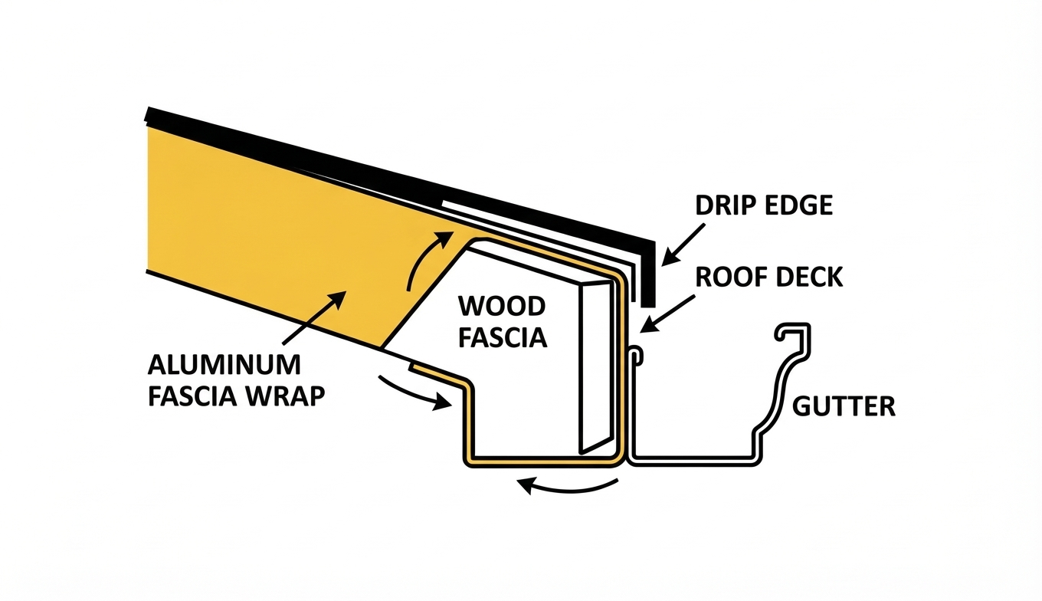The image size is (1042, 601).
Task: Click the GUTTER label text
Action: pyautogui.click(x=843, y=406)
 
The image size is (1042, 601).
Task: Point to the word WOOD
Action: pyautogui.click(x=502, y=307)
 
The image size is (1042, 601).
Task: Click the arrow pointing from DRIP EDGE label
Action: pyautogui.click(x=680, y=243)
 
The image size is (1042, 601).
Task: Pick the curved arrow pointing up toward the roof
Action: pyautogui.click(x=425, y=261)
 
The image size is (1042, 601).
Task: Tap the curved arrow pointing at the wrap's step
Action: pyautogui.click(x=414, y=391)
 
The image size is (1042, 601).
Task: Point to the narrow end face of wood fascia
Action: pyautogui.click(x=594, y=368)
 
